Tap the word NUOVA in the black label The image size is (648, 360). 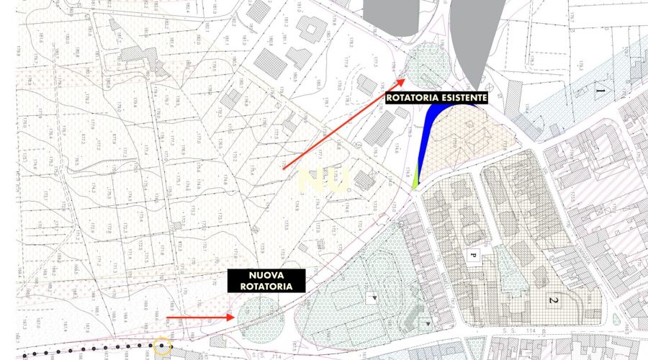click(x=266, y=275)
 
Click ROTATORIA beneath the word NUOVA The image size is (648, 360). click(x=266, y=286)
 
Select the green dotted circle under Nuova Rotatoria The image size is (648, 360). click(x=261, y=319)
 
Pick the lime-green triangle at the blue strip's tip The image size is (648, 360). click(x=415, y=178)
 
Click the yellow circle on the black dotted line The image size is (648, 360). click(x=163, y=348)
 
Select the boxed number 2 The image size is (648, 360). click(x=555, y=300)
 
